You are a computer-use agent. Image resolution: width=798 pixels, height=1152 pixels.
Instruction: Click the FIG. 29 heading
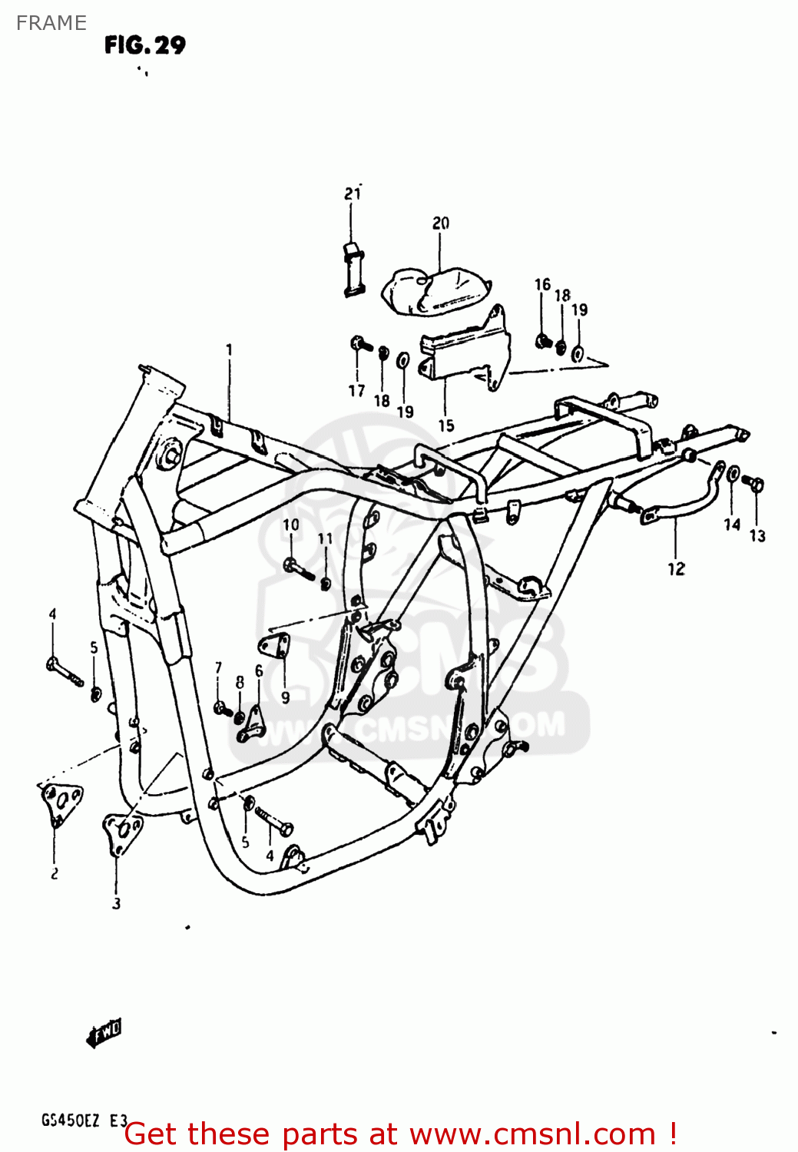145,45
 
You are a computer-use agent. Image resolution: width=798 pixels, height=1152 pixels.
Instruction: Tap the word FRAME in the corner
51,23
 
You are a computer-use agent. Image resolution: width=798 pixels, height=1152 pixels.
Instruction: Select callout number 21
352,194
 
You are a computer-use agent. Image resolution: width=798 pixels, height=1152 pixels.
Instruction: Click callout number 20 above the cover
440,223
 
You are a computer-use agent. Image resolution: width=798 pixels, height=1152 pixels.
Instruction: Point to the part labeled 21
352,268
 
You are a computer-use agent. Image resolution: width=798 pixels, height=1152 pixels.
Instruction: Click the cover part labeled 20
435,290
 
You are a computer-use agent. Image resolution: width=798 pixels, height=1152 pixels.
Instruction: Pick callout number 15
445,425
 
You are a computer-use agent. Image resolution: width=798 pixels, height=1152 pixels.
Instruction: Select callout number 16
542,285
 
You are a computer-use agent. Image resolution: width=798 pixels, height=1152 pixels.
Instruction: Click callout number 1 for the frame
229,350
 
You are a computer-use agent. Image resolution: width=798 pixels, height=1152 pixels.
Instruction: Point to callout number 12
675,569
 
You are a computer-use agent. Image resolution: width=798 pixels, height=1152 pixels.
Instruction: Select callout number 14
731,525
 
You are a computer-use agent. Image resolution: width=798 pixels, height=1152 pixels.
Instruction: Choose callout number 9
285,697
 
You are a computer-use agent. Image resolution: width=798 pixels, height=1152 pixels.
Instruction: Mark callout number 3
116,903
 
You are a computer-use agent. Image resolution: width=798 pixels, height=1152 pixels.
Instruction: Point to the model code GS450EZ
70,1121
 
